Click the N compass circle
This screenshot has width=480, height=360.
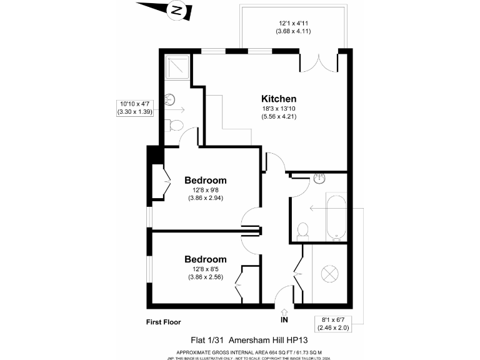click(177, 11)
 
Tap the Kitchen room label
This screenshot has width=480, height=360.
click(278, 99)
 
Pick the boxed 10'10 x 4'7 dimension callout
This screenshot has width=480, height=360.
click(134, 107)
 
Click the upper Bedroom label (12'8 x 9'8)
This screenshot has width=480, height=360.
click(205, 180)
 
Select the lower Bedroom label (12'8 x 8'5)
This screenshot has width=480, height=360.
click(205, 259)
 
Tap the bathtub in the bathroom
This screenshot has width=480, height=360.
click(336, 216)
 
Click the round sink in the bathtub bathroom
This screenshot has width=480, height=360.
click(320, 177)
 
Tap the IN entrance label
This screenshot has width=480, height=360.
click(284, 320)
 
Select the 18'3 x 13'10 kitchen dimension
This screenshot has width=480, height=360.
click(278, 109)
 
